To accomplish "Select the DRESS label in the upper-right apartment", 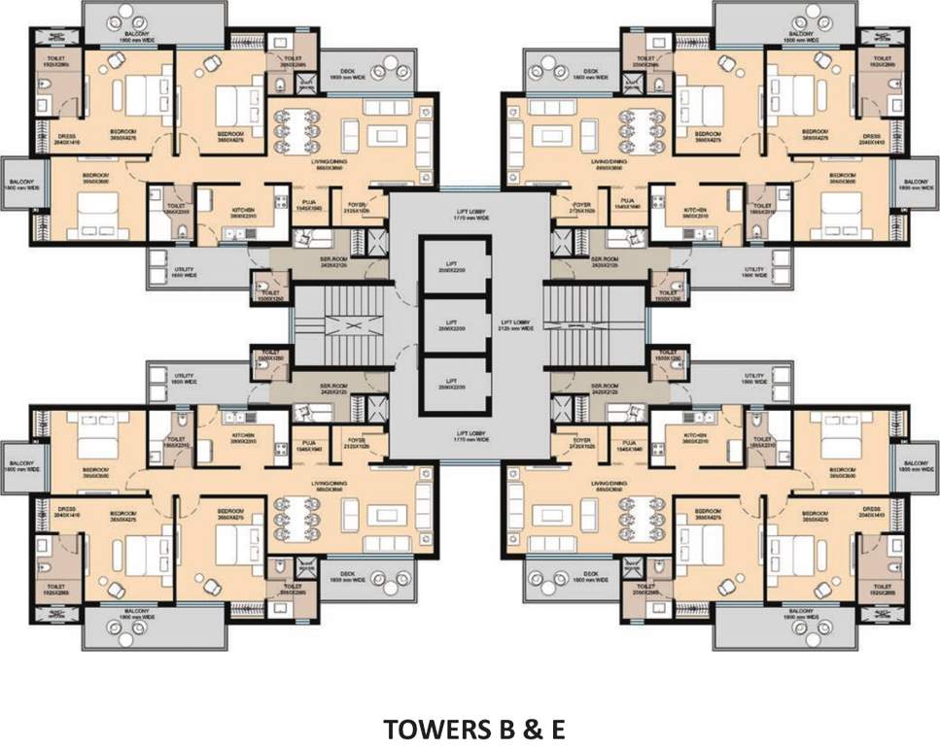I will (874, 137).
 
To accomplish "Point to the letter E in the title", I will (555, 729).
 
